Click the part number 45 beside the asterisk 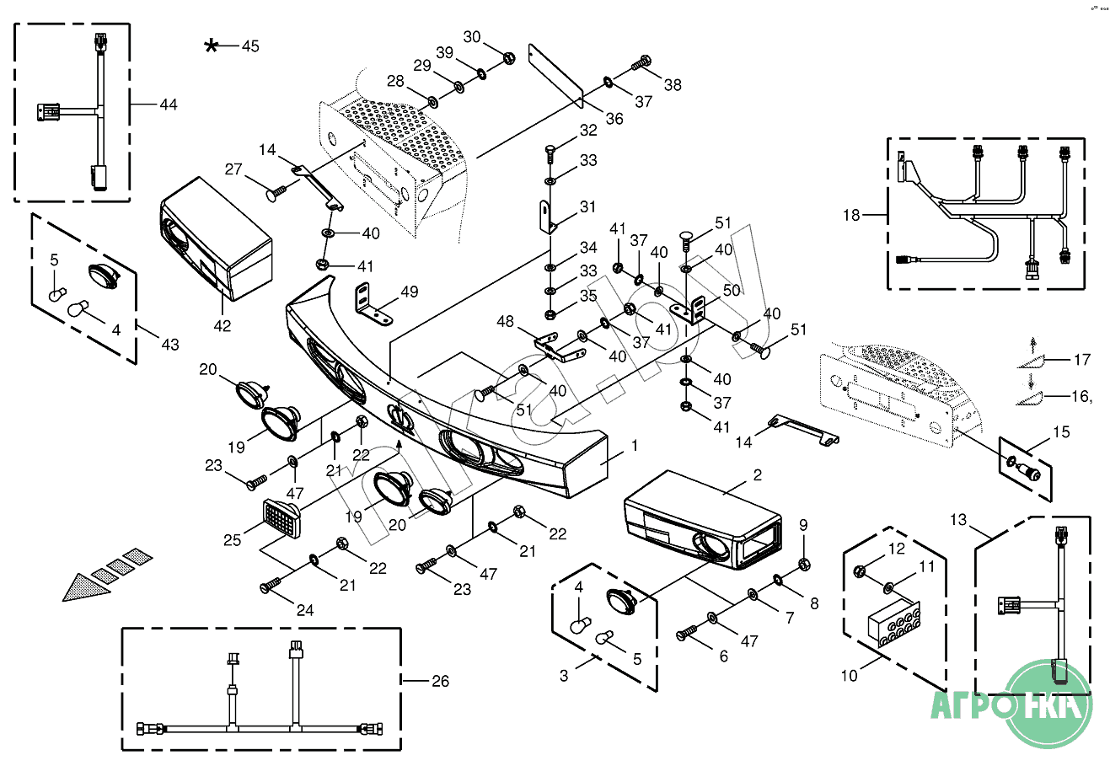[x=250, y=46]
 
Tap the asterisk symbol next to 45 [x=212, y=46]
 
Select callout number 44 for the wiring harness [x=169, y=104]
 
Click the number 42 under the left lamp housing [x=222, y=325]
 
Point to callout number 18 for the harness [x=851, y=215]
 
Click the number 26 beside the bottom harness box [x=440, y=681]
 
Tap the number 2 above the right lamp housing [x=757, y=475]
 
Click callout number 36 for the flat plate [x=614, y=119]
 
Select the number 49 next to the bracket [x=409, y=292]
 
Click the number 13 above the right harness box [x=958, y=519]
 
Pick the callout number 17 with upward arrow [x=1081, y=360]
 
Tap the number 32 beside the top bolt [x=587, y=130]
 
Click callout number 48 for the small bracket [x=505, y=321]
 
